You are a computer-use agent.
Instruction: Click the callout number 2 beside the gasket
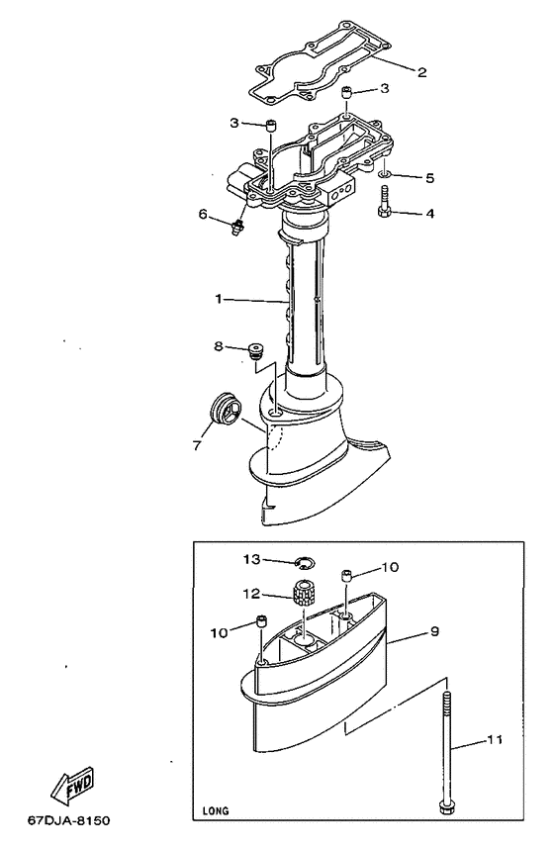pyautogui.click(x=421, y=72)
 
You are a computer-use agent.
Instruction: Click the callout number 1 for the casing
pyautogui.click(x=219, y=299)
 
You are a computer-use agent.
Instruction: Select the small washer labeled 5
pyautogui.click(x=384, y=174)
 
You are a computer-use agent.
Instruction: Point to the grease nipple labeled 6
pyautogui.click(x=236, y=227)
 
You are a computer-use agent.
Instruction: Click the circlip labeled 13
pyautogui.click(x=304, y=563)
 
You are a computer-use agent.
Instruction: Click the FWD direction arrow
pyautogui.click(x=72, y=785)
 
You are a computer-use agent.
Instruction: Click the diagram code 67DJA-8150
pyautogui.click(x=69, y=821)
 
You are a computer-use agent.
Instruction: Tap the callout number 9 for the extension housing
pyautogui.click(x=435, y=632)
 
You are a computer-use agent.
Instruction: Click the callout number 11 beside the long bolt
pyautogui.click(x=494, y=739)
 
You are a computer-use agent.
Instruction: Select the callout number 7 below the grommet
pyautogui.click(x=197, y=445)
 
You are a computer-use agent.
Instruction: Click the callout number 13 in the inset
pyautogui.click(x=252, y=560)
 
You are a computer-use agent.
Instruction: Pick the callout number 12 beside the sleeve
pyautogui.click(x=252, y=594)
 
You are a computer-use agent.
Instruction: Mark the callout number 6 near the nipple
pyautogui.click(x=203, y=215)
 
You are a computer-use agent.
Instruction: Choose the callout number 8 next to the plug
pyautogui.click(x=219, y=345)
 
